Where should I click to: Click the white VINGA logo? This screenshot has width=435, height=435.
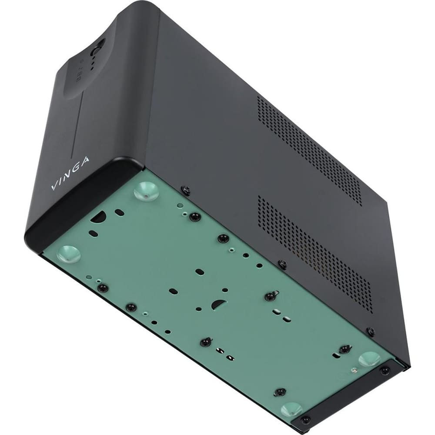pos(70,174)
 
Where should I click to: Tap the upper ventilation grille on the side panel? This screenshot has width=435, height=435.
pos(309,148)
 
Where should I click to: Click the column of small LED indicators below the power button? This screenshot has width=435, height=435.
pos(93,63)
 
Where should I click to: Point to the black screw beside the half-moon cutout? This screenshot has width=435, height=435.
pos(270,296)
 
